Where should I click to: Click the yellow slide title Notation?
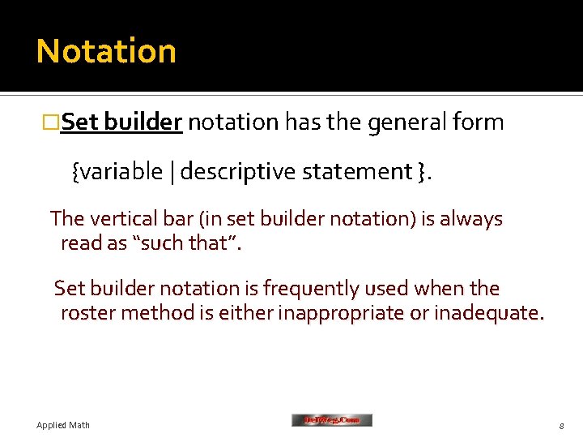coord(106,51)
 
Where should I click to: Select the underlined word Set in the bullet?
coord(79,122)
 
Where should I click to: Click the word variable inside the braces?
coord(121,172)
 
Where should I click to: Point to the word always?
coord(471,219)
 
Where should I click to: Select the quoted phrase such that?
coord(190,243)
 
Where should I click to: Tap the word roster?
coord(87,312)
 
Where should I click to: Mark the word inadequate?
coord(488,312)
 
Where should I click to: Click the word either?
coord(249,312)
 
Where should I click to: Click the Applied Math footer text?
coord(63,425)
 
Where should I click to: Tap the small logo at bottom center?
coord(331,420)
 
